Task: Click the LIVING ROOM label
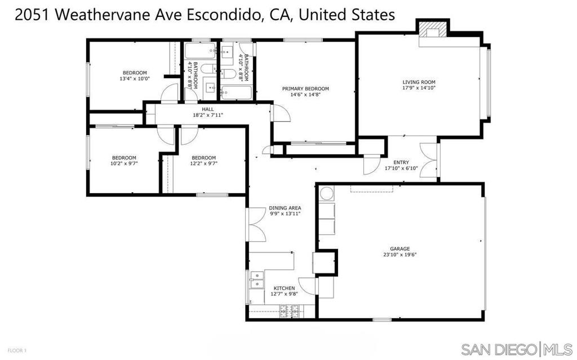(x=419, y=82)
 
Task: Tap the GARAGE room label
(x=400, y=249)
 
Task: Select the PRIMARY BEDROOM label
(x=305, y=88)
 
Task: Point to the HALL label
(x=207, y=109)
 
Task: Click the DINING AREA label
(x=285, y=208)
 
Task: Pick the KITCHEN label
(x=284, y=288)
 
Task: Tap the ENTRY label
(x=401, y=162)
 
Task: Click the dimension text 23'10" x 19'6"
(x=400, y=254)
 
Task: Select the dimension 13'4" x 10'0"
(x=135, y=78)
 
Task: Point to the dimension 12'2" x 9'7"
(x=204, y=163)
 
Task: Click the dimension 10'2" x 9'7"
(x=124, y=163)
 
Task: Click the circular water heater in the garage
(x=326, y=193)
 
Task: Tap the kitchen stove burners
(x=289, y=312)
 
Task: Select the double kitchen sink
(x=256, y=280)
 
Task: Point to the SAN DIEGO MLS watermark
(x=516, y=349)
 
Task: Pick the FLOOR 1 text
(x=17, y=350)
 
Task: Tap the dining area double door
(x=256, y=225)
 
